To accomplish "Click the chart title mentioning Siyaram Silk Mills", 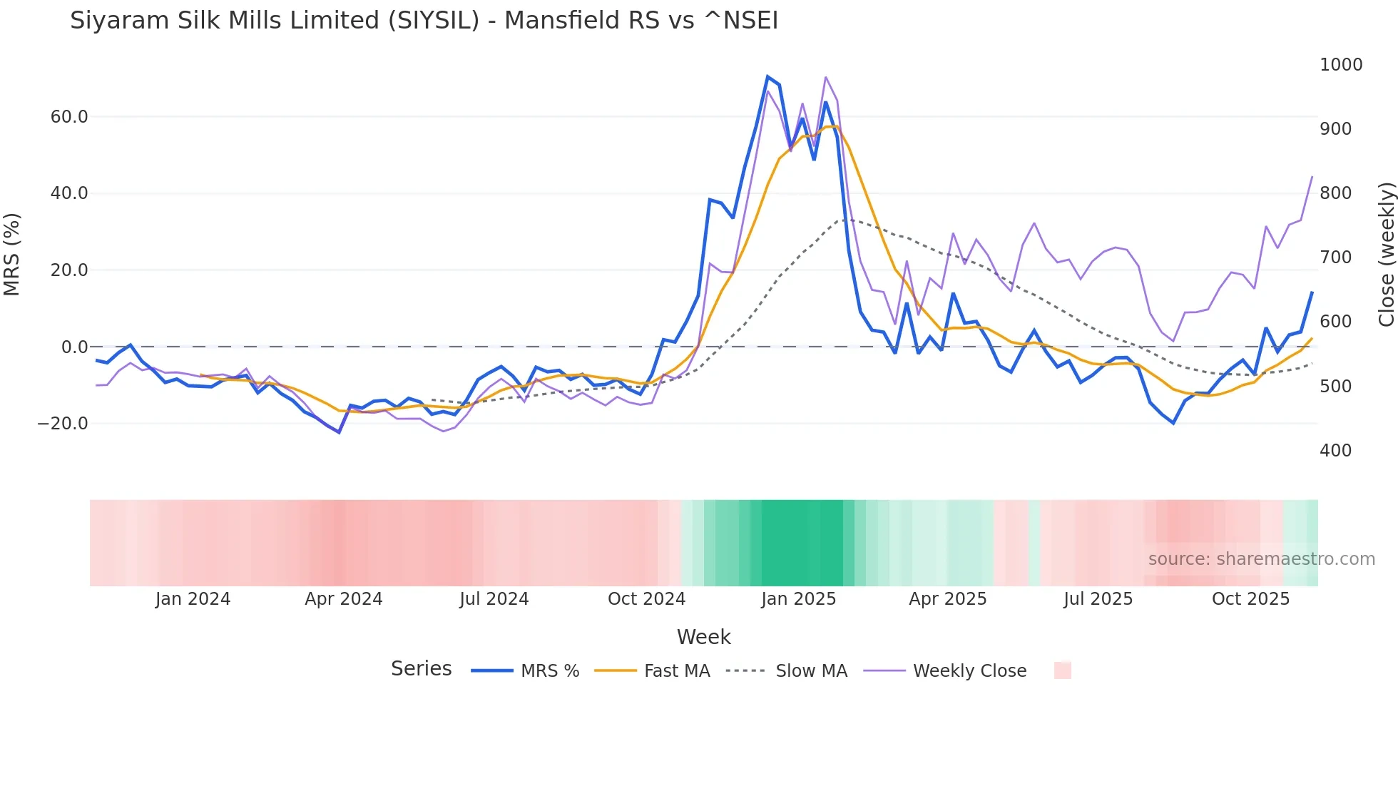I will click(x=424, y=21).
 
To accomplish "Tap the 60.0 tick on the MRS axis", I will click(x=69, y=117).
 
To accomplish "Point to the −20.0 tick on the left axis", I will click(x=63, y=424).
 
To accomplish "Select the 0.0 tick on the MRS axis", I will click(x=75, y=347).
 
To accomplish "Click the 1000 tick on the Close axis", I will click(x=1341, y=65).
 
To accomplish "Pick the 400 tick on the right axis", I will click(x=1335, y=451).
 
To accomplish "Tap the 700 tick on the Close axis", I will click(x=1335, y=257).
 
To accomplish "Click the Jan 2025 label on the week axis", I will click(x=798, y=599).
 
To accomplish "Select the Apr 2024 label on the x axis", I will click(x=343, y=599).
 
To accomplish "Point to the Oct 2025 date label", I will click(x=1250, y=599).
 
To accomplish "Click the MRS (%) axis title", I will click(x=12, y=255).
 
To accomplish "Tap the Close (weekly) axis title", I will click(x=1386, y=255).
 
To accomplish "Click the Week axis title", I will click(x=703, y=637).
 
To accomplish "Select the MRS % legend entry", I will click(x=549, y=671).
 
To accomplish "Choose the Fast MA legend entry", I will click(x=676, y=671).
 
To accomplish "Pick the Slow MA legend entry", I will click(x=811, y=671).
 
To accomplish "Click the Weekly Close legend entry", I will click(x=969, y=671).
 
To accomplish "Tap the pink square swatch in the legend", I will click(x=1062, y=670).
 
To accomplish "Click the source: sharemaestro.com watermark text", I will click(x=1261, y=559).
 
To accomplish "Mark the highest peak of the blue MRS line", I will click(x=767, y=76).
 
